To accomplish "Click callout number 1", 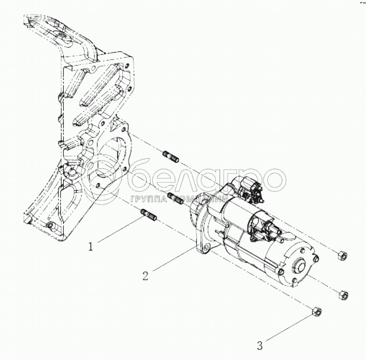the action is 91,247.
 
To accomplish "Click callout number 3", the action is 260,345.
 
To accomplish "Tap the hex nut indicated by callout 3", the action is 316,313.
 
